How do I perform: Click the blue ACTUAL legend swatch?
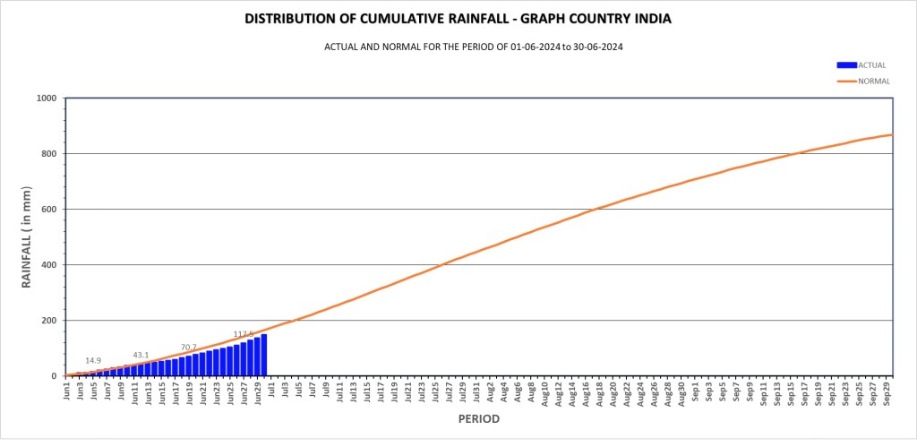tap(846, 64)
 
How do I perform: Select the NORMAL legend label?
tap(874, 82)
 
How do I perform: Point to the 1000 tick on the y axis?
tap(46, 99)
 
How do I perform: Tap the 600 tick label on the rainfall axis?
tap(49, 210)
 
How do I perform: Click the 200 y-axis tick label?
tap(49, 321)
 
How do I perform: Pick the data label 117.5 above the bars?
tap(243, 334)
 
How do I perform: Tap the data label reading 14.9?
tap(93, 361)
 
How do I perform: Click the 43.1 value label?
tap(141, 355)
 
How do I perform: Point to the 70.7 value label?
tap(188, 347)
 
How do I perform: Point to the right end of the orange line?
tap(892, 135)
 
